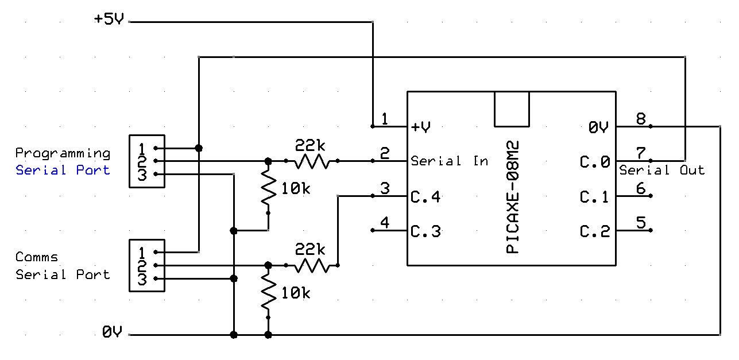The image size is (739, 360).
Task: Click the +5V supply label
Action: click(x=109, y=19)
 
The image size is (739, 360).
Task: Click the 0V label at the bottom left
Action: click(x=112, y=332)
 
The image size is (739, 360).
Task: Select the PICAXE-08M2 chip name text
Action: click(x=512, y=197)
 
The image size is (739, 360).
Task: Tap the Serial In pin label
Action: click(x=449, y=161)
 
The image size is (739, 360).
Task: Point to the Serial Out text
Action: click(x=662, y=170)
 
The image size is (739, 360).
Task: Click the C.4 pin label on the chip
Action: click(x=425, y=197)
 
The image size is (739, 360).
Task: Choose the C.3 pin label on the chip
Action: click(x=425, y=231)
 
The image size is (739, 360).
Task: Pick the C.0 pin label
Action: click(x=595, y=162)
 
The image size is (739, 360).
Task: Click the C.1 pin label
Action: click(x=594, y=197)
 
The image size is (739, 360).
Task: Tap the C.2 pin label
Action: click(x=595, y=231)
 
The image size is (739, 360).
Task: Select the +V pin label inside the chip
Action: click(x=421, y=127)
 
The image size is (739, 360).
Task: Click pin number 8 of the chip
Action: click(x=641, y=118)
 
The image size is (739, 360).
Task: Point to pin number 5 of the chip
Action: click(x=641, y=222)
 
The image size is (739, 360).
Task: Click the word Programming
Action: click(x=63, y=153)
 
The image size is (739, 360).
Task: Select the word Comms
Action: click(x=37, y=257)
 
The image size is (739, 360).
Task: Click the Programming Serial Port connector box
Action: click(x=147, y=161)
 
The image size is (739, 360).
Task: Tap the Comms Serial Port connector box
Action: click(x=147, y=266)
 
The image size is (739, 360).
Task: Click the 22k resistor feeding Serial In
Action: click(x=312, y=161)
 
